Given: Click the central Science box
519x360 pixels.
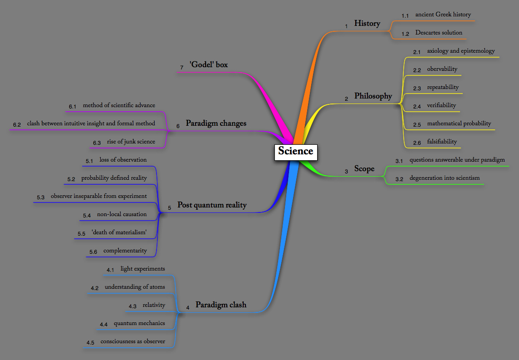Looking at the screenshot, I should tap(295, 151).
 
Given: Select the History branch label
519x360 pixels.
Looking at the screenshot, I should tap(367, 24).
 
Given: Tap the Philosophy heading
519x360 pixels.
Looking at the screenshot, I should tap(373, 96).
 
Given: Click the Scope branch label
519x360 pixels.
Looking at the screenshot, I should tap(364, 169).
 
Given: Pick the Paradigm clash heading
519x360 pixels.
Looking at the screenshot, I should tap(221, 305).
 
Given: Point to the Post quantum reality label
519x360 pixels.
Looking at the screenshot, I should tap(212, 205).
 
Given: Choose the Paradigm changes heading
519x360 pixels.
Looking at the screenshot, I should tap(216, 123).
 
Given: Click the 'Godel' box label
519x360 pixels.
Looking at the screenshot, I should tap(209, 65).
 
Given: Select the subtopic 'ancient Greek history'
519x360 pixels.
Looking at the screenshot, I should tap(443, 15).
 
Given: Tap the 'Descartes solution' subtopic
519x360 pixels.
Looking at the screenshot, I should tap(439, 33).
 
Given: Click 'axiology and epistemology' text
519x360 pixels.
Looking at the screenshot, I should tap(460, 51).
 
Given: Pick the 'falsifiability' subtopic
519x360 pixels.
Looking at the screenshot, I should tap(442, 142).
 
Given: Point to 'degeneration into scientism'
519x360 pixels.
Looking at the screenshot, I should tap(444, 178).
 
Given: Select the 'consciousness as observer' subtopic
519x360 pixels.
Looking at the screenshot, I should tap(132, 341).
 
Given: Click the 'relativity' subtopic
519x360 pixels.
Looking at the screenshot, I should tap(154, 305).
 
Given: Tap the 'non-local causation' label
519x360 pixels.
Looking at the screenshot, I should tap(122, 214).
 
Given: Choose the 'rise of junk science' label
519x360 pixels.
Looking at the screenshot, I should tap(131, 142).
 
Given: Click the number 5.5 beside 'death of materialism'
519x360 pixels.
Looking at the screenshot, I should tap(81, 234).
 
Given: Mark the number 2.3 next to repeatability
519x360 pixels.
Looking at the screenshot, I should tap(417, 89).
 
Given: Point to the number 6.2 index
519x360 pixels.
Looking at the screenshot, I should tap(17, 124).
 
